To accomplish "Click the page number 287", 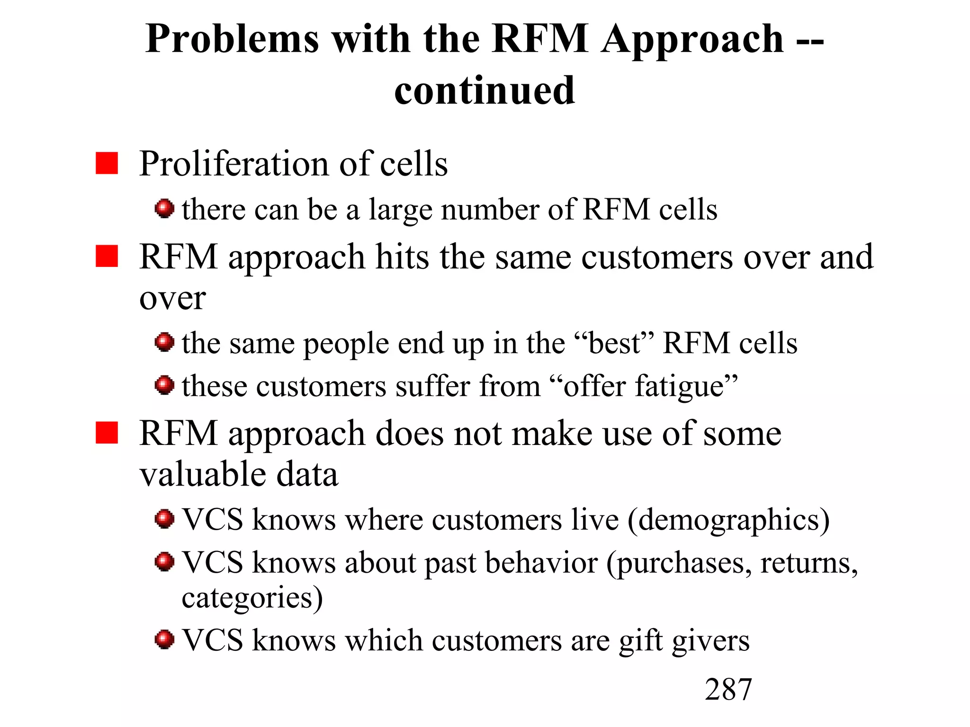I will pos(728,689).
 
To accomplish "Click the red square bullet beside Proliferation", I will pos(107,163).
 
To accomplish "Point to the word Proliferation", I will pos(234,163).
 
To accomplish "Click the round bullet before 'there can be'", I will pos(164,208).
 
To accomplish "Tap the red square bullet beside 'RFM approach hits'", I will pos(107,256).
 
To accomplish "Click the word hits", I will pos(403,257).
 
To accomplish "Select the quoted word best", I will pos(614,343).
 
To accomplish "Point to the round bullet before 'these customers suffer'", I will pos(164,385).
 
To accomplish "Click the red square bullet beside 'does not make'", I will pos(107,433).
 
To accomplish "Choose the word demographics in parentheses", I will pos(729,521).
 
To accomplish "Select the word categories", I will pos(247,598).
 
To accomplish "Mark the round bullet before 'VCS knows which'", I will pos(164,639).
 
